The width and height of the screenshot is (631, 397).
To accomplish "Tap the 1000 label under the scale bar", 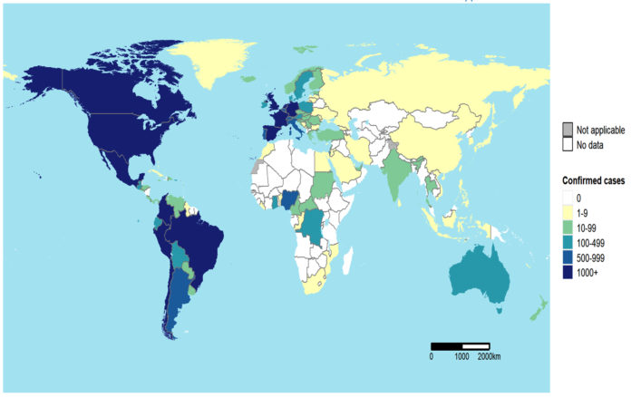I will (x=461, y=356).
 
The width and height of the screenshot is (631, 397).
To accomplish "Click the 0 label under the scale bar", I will (x=432, y=356).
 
